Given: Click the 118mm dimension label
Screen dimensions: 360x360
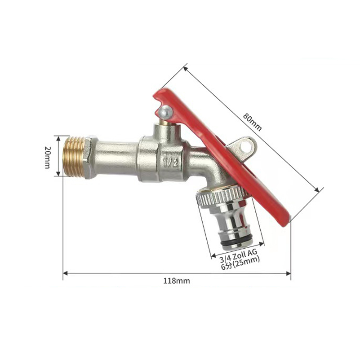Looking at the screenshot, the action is (x=177, y=281).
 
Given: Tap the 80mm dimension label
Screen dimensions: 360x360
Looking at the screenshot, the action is (x=253, y=122).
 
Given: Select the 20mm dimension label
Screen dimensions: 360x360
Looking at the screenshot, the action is (x=47, y=157).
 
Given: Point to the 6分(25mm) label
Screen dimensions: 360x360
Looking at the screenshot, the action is (x=240, y=263).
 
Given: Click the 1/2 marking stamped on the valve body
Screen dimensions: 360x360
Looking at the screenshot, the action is (x=170, y=162).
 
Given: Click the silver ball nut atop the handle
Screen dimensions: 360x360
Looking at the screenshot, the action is (x=166, y=111).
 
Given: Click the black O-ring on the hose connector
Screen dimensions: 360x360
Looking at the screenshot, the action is (x=236, y=241).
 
